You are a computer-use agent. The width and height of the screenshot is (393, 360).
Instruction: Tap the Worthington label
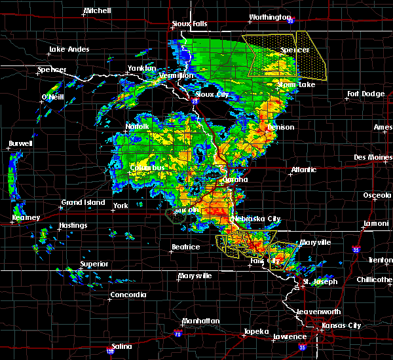(269, 18)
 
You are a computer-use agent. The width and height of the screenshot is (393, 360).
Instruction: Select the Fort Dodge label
(365, 94)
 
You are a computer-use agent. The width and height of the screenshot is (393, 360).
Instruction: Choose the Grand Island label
(83, 203)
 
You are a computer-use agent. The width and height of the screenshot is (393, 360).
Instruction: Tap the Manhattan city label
(200, 321)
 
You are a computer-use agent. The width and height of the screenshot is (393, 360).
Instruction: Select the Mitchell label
(97, 12)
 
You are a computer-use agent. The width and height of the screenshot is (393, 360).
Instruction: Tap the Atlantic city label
(303, 170)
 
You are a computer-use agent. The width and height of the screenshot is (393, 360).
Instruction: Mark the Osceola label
(378, 196)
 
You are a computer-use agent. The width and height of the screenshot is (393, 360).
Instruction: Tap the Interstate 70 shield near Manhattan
(177, 334)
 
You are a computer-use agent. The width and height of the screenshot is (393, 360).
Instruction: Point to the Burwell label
(20, 144)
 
